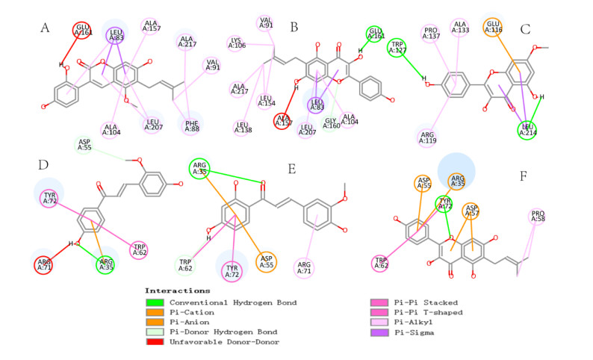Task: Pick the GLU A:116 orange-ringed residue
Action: pyautogui.click(x=492, y=28)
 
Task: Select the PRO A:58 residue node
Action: pyautogui.click(x=538, y=217)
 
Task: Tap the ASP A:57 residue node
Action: pyautogui.click(x=471, y=211)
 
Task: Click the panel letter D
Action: pyautogui.click(x=45, y=161)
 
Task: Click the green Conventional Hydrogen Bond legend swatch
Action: pyautogui.click(x=154, y=302)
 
